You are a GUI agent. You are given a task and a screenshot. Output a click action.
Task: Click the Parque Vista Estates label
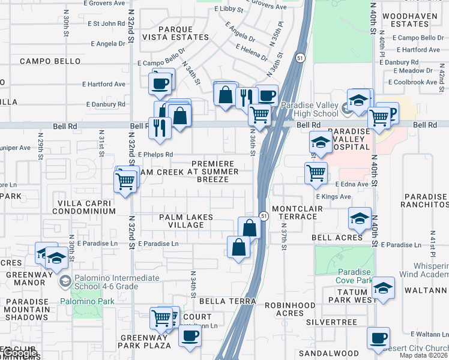tap(184, 32)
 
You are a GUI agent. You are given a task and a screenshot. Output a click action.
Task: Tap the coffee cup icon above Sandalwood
tap(378, 338)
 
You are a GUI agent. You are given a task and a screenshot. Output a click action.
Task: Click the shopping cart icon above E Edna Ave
tap(316, 173)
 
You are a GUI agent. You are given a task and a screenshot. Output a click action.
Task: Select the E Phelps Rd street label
tap(155, 154)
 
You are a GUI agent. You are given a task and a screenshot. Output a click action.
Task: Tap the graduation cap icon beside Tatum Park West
tap(382, 288)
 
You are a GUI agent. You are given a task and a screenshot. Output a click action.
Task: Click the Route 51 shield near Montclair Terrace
tap(263, 215)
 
